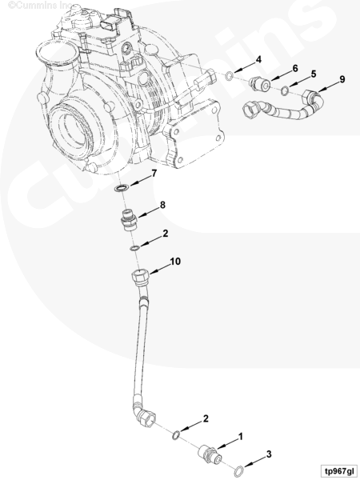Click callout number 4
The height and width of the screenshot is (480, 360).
click(x=258, y=60)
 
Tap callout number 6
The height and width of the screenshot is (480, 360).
click(x=295, y=68)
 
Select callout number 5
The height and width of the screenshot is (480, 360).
click(x=314, y=74)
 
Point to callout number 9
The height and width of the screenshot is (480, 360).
click(x=342, y=79)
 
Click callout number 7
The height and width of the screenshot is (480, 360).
click(x=154, y=174)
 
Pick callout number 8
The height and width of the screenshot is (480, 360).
click(x=162, y=205)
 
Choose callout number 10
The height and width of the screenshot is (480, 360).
click(x=175, y=262)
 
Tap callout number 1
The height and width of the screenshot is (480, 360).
click(x=241, y=437)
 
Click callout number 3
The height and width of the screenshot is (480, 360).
click(x=269, y=454)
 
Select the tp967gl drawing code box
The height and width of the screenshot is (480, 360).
click(x=339, y=470)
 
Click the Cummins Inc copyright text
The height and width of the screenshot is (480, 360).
click(x=40, y=6)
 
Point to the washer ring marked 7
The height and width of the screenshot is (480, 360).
click(x=122, y=188)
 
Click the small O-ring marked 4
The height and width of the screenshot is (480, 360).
click(x=229, y=76)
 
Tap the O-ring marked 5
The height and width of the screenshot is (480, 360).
click(x=285, y=90)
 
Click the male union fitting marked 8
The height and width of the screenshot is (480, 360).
click(x=130, y=219)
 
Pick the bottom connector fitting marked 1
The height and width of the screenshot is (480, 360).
click(x=210, y=454)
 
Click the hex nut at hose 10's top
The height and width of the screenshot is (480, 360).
click(x=141, y=276)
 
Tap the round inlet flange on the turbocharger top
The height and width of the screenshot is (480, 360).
click(x=56, y=54)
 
